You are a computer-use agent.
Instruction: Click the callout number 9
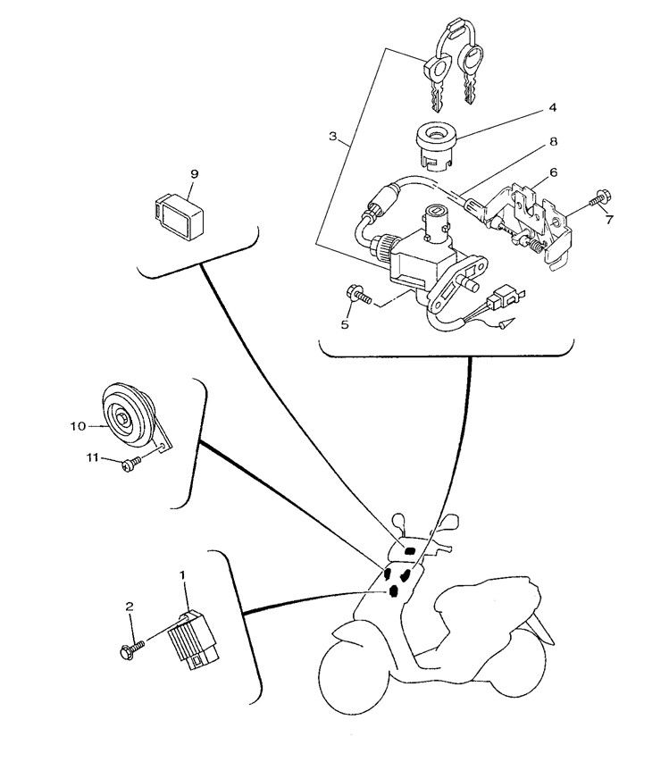(194, 172)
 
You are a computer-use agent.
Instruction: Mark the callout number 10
(77, 426)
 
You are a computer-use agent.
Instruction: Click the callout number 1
(184, 577)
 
